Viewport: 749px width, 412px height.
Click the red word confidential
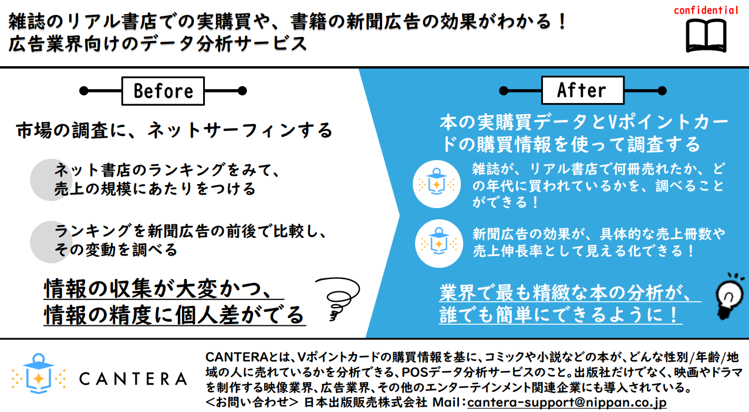click(706, 11)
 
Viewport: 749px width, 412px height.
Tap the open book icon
click(706, 35)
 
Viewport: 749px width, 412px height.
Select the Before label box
click(163, 91)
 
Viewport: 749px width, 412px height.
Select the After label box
click(582, 90)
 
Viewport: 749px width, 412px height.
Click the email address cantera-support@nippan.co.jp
click(567, 402)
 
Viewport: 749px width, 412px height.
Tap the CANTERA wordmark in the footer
click(133, 379)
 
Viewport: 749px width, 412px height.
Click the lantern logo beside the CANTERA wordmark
click(39, 373)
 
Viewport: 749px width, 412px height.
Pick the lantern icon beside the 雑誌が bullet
click(437, 184)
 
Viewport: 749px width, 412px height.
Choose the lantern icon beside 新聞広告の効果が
click(439, 243)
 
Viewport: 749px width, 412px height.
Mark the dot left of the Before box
click(83, 91)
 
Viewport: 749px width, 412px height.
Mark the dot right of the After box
click(662, 90)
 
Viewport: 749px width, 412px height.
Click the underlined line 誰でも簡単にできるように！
click(561, 314)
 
